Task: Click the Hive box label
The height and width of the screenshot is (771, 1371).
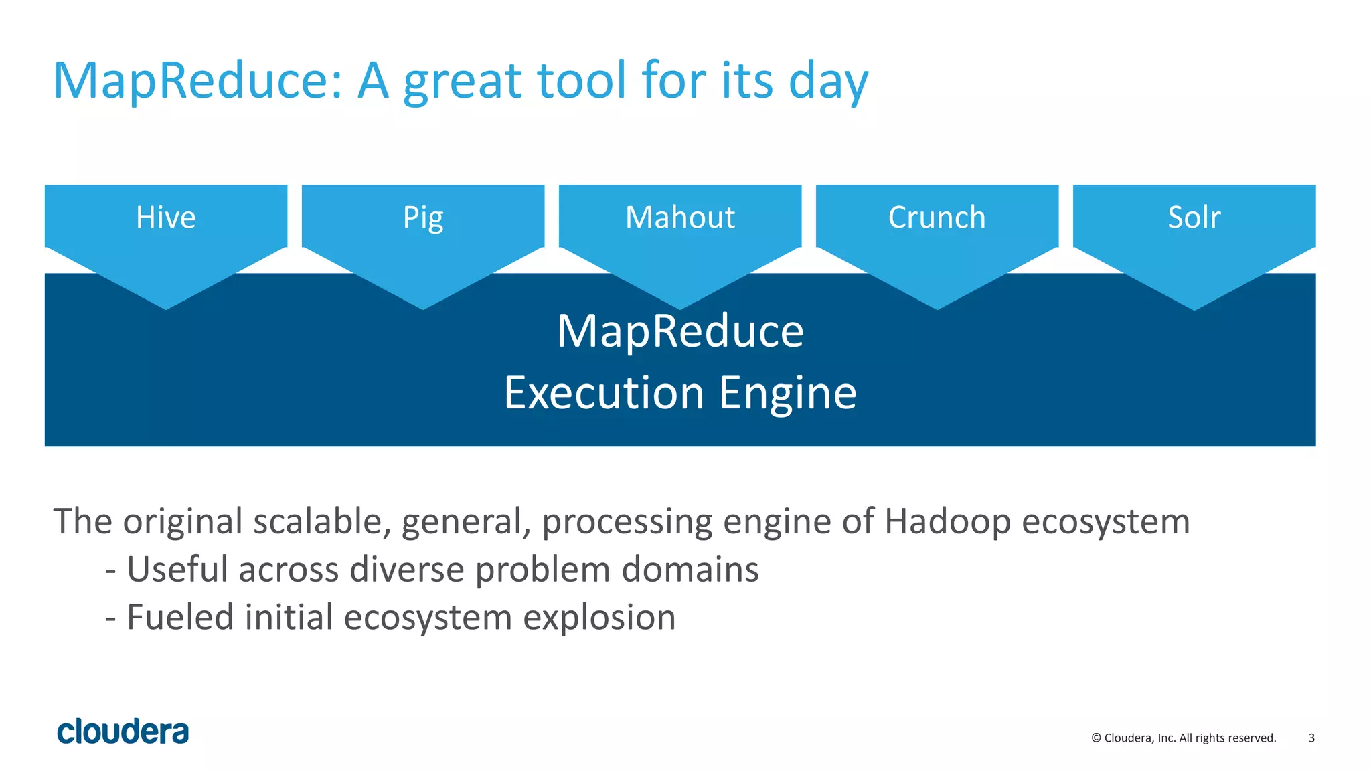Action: (165, 218)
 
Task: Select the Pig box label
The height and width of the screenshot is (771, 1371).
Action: (423, 218)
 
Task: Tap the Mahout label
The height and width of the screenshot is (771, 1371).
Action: (680, 218)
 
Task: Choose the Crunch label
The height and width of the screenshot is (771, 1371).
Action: (937, 218)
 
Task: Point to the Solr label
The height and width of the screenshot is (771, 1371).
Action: (1194, 218)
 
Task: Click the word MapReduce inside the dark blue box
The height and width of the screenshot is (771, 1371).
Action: (680, 331)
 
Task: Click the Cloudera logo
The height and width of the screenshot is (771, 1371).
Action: (123, 732)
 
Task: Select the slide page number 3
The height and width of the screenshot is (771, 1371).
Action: (1311, 738)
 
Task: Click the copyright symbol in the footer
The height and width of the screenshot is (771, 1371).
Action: (1096, 738)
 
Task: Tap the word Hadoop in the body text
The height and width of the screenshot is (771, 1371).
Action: (947, 521)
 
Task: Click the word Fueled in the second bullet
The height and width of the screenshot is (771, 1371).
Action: (179, 617)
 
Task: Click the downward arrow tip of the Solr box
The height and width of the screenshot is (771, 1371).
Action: (1194, 307)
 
